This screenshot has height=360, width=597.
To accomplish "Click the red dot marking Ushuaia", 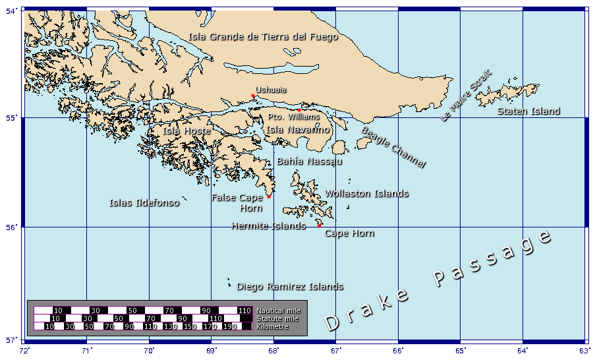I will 253,96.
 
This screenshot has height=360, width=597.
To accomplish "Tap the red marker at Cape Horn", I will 320,225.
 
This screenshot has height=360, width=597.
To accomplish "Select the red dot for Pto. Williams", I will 299,110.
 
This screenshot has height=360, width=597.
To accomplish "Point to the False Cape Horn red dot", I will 269,196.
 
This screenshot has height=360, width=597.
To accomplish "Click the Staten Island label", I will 528,111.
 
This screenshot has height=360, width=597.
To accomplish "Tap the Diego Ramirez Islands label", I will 290,287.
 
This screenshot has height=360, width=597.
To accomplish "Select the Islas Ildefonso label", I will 144,203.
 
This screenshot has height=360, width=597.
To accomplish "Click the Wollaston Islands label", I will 366,194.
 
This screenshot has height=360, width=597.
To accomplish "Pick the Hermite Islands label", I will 268,226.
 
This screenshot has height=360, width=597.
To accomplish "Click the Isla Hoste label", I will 186,131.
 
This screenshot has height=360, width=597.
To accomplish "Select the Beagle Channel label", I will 393,147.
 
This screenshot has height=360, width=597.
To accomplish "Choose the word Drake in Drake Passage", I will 366,309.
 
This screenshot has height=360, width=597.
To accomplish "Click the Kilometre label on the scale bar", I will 272,326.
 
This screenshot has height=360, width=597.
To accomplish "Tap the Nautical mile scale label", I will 277,310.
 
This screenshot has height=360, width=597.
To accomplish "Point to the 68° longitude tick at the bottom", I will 274,350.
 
